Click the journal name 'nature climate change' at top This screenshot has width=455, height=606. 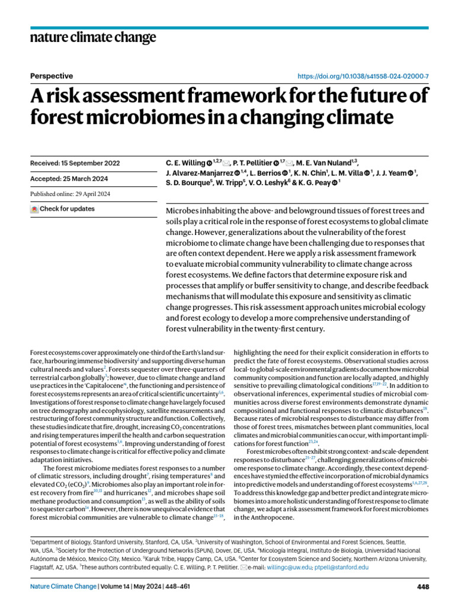click(92, 38)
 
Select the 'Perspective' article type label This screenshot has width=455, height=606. click(51, 76)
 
